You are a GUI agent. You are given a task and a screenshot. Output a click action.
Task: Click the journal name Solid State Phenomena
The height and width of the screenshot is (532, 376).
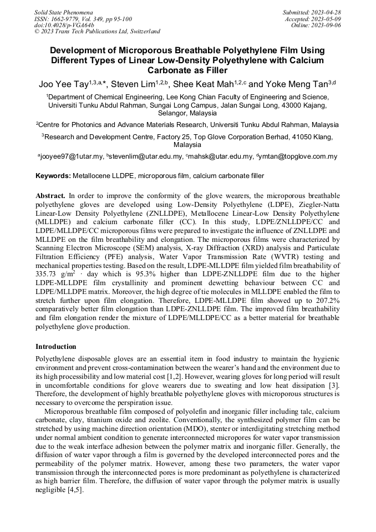[63, 12]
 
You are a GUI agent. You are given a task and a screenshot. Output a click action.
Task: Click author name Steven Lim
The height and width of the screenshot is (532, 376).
[133, 85]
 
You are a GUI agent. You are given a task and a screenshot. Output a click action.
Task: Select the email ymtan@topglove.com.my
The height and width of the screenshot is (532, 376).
[299, 156]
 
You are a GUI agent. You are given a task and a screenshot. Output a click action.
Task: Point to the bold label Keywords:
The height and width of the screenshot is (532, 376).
[53, 176]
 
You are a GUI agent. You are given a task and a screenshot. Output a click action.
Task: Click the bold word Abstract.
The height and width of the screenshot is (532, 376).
[50, 196]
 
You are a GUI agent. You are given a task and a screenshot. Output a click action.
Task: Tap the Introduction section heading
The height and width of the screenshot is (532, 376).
[56, 346]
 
